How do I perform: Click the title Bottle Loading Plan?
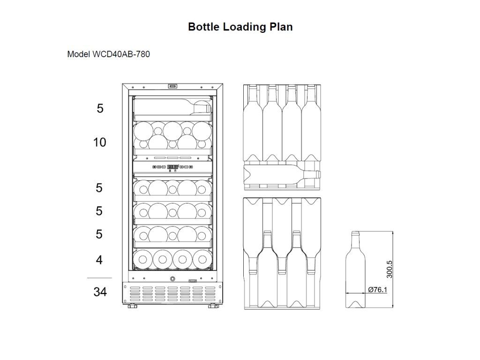(240, 27)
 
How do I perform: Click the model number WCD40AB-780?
(121, 54)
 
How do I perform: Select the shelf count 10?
(99, 142)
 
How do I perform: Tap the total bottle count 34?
(100, 292)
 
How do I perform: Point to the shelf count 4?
(99, 260)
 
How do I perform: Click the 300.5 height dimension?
(389, 270)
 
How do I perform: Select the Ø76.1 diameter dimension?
(377, 289)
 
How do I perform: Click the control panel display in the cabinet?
(172, 167)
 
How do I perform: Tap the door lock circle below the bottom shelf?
(172, 279)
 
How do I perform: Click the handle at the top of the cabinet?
(172, 86)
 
